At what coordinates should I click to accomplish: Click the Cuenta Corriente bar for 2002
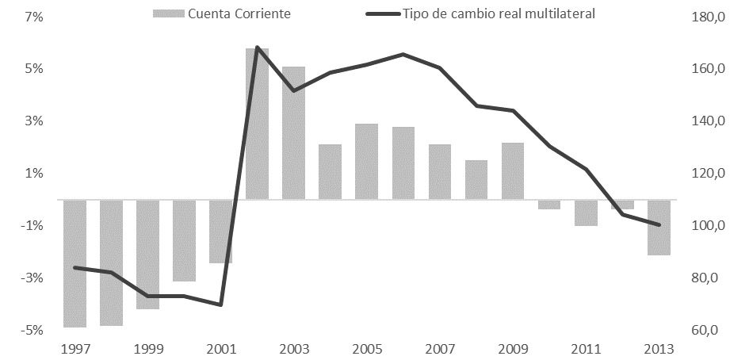[x=257, y=123]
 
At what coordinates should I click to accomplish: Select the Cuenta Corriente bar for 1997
[x=75, y=262]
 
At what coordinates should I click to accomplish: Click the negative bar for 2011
[x=587, y=213]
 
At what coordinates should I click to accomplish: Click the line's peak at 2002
[x=257, y=48]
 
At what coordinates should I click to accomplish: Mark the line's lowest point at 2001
[x=220, y=304]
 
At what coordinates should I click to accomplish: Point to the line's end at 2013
[x=659, y=224]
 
